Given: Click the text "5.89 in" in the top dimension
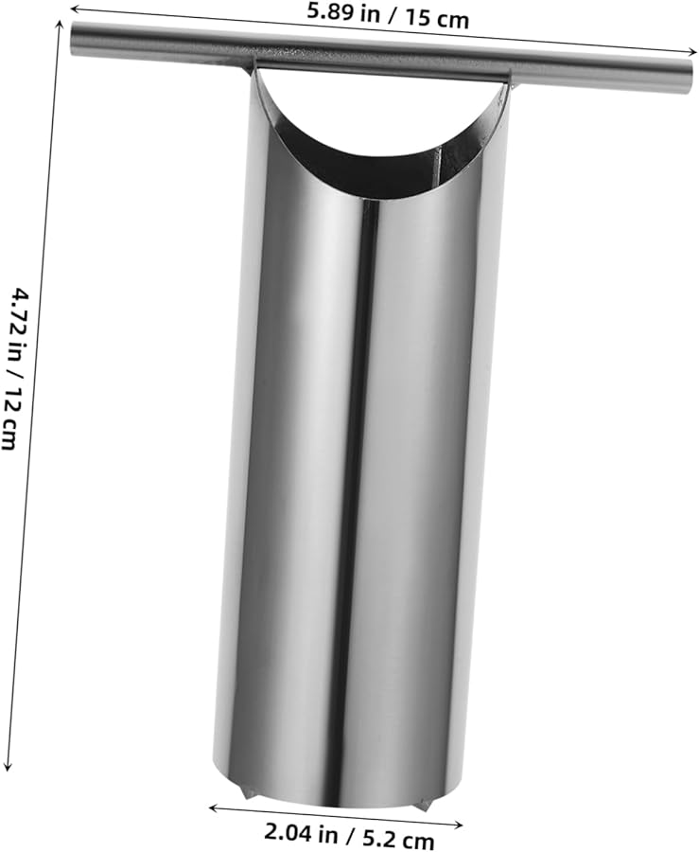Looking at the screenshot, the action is tap(343, 13).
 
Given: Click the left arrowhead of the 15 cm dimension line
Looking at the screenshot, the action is tap(75, 8).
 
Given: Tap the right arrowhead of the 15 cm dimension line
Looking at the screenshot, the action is tap(691, 52).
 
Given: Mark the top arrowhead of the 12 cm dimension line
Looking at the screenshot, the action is tap(61, 25).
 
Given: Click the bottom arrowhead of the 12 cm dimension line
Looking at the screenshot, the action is tap(7, 765).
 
